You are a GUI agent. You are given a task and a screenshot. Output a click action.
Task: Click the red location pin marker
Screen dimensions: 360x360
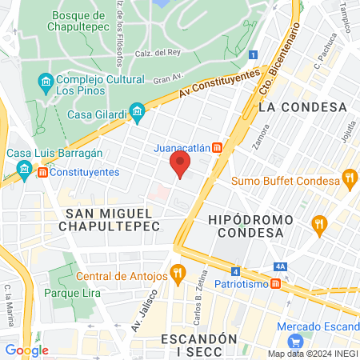coord(181,166)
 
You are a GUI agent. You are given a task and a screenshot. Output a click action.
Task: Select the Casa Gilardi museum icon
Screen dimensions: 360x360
coord(137,112)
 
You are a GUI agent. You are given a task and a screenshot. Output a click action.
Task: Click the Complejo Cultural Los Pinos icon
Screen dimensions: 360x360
coord(46,82)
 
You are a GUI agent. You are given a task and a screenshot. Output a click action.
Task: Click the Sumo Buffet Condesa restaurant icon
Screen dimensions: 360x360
coord(348,178)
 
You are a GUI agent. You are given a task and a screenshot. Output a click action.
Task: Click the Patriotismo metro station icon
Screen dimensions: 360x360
coord(274,284)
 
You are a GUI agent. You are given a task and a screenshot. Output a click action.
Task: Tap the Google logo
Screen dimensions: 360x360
coord(26,350)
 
